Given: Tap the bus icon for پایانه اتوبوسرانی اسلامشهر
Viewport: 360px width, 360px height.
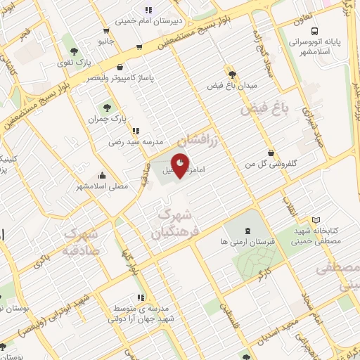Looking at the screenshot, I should point(314,31).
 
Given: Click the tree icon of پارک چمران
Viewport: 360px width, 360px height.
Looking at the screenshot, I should point(107,108).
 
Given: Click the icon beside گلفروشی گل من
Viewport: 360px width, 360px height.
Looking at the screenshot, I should point(271,153).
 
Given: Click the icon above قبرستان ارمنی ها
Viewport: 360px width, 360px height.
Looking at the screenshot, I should point(247,230).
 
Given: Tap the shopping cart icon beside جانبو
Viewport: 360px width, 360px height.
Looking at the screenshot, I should point(105,31).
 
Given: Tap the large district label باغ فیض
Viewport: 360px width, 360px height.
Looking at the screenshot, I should point(266,109).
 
